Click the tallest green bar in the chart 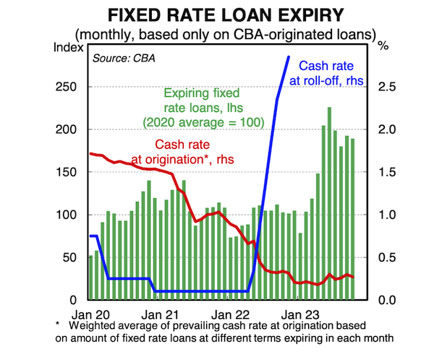[329, 202]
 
